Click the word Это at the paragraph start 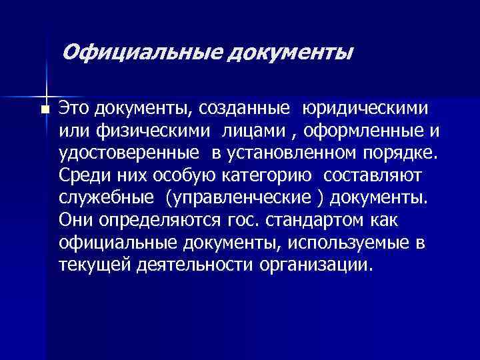[x=74, y=107]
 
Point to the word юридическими [x=365, y=108]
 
